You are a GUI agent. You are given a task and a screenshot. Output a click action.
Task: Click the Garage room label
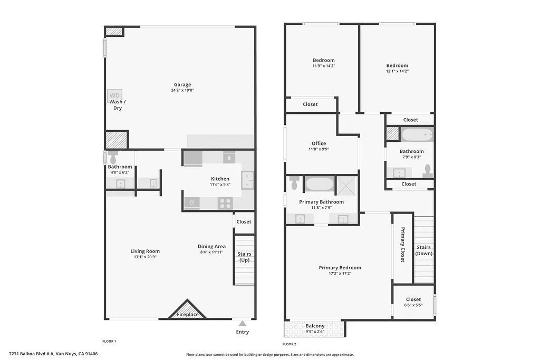click(182, 84)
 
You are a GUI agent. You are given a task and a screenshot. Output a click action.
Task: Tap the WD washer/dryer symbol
click(115, 95)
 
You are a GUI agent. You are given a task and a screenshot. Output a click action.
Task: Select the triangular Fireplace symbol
click(187, 310)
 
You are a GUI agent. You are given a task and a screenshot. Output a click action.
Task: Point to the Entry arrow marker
click(242, 323)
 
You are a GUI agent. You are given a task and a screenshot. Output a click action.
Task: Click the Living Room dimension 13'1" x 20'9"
click(145, 257)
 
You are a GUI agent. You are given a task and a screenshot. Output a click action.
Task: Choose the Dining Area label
click(211, 246)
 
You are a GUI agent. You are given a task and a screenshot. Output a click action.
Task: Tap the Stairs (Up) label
click(245, 257)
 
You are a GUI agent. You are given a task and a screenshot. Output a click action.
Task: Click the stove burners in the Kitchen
click(225, 203)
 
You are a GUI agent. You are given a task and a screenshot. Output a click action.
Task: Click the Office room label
click(319, 143)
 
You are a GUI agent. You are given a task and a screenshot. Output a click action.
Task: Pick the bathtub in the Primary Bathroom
click(320, 184)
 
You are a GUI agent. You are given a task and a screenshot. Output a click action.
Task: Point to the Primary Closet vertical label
click(402, 245)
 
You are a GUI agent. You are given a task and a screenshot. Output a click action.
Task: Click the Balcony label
click(315, 326)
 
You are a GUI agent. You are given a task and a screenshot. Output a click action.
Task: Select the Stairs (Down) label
click(423, 250)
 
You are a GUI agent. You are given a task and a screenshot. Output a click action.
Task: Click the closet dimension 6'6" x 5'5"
click(413, 305)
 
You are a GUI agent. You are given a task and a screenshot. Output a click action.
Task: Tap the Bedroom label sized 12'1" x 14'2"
click(397, 65)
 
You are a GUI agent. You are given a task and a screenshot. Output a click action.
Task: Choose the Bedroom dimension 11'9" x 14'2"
click(323, 66)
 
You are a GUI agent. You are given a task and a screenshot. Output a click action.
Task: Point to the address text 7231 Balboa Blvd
click(53, 354)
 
